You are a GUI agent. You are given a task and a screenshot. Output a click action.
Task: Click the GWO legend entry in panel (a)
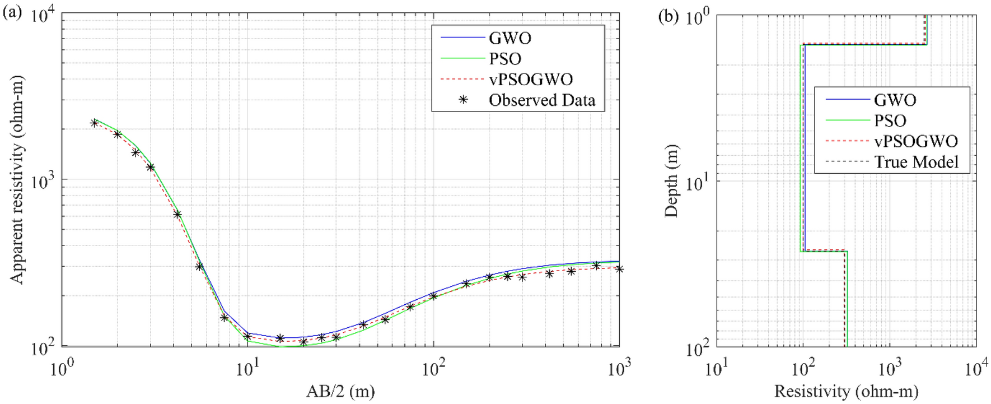tap(509, 38)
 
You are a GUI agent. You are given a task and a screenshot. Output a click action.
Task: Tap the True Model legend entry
tap(916, 162)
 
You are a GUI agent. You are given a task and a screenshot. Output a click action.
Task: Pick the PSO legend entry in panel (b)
tap(890, 121)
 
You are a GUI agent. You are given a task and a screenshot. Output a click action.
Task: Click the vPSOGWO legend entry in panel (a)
tap(530, 80)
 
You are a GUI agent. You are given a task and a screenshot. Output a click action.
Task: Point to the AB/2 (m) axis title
tap(340, 391)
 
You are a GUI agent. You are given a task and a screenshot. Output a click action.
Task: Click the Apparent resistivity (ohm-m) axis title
tap(17, 213)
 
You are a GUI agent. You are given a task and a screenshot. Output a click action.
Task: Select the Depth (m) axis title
tap(671, 180)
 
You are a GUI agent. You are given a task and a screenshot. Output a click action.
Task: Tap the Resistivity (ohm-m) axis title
tap(846, 391)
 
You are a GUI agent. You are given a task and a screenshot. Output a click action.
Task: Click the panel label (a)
tap(12, 12)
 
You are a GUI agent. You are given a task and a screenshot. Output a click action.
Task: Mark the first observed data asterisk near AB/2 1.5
tap(94, 123)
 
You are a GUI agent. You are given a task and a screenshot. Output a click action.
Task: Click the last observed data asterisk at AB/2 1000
tap(619, 269)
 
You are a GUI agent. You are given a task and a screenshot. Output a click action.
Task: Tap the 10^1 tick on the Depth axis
tap(696, 182)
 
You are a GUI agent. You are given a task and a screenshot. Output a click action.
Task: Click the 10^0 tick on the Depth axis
tap(696, 17)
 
